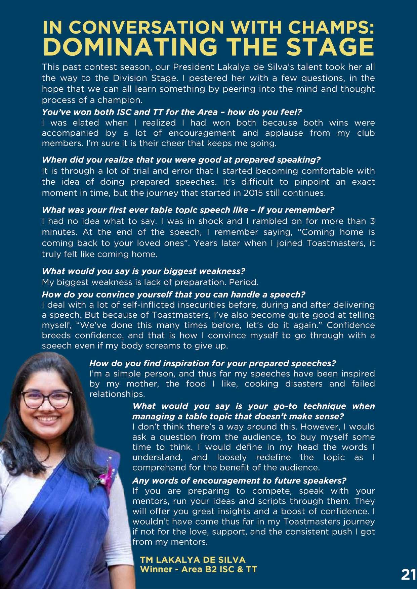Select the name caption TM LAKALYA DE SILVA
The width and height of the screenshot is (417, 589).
[193, 560]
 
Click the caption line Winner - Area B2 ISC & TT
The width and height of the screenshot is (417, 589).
[198, 570]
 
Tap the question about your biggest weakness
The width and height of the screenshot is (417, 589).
[143, 271]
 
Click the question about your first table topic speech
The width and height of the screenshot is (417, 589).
[188, 210]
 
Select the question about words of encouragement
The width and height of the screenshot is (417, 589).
[239, 481]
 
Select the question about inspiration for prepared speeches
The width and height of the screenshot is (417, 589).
[212, 363]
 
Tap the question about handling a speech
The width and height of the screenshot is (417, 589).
[173, 294]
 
